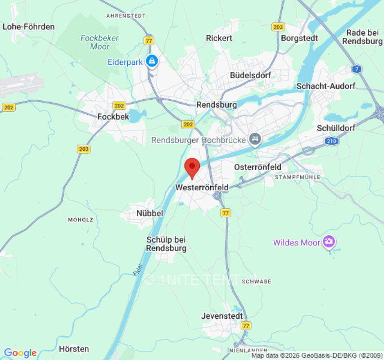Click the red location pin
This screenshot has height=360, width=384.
(193, 167)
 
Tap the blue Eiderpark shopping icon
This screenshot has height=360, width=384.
(152, 61)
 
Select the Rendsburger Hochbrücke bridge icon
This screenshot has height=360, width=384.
(256, 140)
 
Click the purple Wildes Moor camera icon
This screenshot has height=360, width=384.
(329, 242)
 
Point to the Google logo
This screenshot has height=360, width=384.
(20, 353)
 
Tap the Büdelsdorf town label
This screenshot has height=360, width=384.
(250, 75)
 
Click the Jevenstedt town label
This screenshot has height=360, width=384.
(222, 315)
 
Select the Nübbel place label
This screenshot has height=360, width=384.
(149, 213)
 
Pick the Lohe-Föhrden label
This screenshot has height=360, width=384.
(28, 27)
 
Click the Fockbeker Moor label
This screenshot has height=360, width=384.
(99, 42)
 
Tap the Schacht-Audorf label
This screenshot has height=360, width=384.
(326, 85)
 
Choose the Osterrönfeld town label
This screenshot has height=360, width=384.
(258, 167)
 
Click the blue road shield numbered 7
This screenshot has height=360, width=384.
(357, 69)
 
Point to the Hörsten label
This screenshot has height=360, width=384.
(74, 349)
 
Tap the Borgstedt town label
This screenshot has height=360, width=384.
(299, 38)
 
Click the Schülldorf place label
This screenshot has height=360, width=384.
(336, 128)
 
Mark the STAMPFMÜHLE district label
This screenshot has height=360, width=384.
(298, 177)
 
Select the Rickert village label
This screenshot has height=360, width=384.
(219, 38)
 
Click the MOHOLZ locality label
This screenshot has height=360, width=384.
(81, 220)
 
